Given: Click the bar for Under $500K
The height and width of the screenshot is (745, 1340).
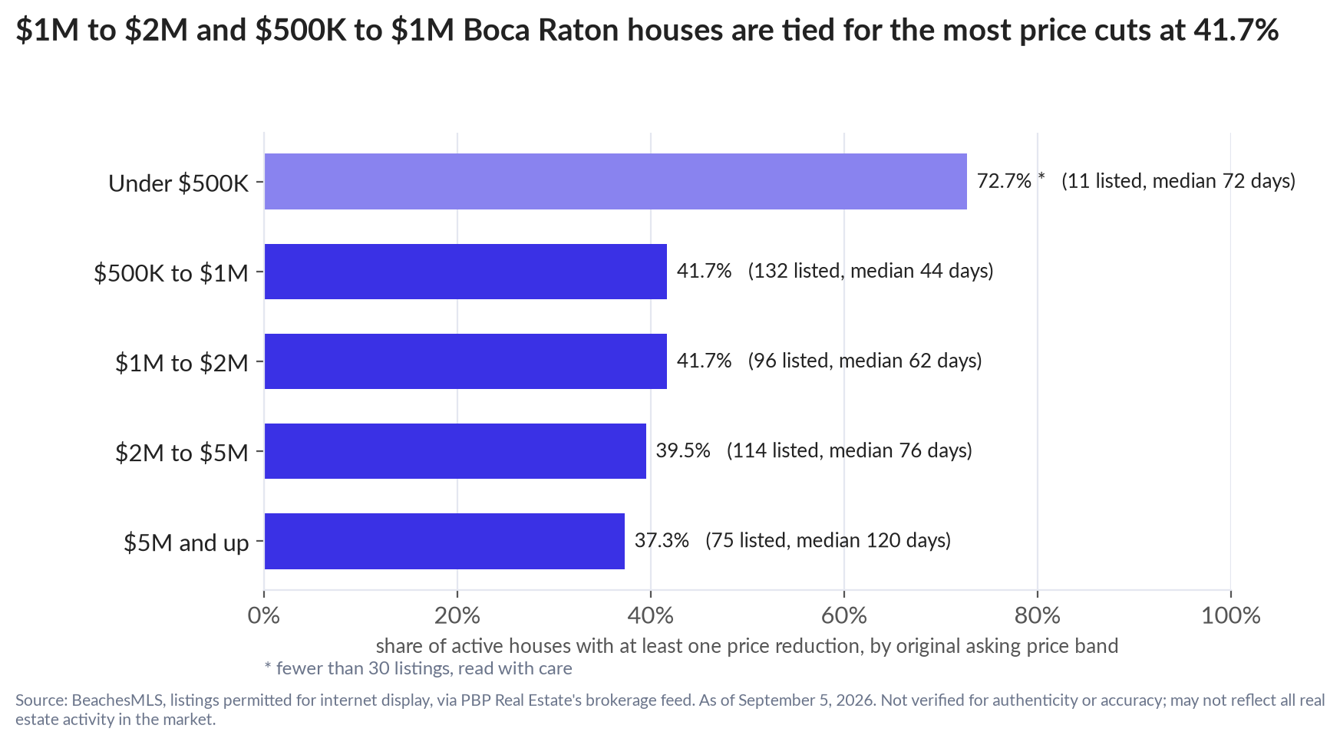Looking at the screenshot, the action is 616,181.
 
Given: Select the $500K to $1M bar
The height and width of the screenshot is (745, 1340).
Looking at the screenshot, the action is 466,272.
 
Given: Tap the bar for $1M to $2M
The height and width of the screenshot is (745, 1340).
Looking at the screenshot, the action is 466,361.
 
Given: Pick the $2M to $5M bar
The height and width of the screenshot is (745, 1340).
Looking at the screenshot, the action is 455,451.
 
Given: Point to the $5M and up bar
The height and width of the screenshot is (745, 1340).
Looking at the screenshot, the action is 444,541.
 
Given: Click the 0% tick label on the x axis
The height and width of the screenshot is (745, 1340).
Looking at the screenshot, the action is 264,615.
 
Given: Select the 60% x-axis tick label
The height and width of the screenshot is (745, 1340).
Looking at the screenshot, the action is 844,615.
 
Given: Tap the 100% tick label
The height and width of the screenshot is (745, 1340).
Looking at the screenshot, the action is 1231,615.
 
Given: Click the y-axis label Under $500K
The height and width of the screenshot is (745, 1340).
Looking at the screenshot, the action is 179,183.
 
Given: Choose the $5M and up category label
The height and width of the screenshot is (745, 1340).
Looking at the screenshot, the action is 186,542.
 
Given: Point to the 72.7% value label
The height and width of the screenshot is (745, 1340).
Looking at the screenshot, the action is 1004,181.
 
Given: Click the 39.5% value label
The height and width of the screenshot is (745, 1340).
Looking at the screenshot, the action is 683,450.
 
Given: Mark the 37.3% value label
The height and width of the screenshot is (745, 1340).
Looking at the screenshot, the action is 662,540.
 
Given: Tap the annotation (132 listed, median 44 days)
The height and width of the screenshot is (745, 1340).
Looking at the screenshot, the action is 870,271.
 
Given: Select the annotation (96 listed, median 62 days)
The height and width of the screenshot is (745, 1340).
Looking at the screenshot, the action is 865,361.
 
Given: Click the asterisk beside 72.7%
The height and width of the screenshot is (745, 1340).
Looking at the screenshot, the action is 1041,178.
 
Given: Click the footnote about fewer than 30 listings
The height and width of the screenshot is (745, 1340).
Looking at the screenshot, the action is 418,668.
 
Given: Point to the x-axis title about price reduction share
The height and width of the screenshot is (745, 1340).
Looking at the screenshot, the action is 747,646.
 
